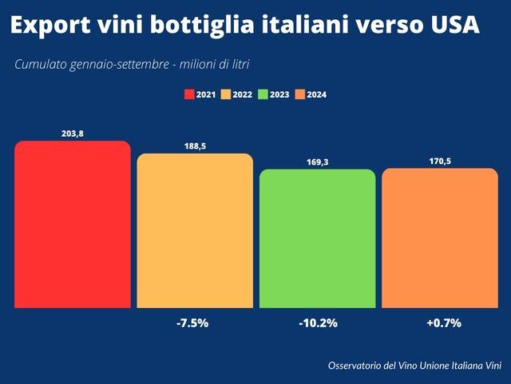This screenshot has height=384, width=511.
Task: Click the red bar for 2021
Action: click(72, 224)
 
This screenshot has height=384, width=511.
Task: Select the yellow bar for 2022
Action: click(195, 230)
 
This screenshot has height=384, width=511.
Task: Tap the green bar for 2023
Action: click(317, 238)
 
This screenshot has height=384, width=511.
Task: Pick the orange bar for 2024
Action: click(440, 238)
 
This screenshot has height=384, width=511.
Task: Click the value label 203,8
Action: click(73, 134)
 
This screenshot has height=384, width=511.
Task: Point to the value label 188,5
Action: click(195, 146)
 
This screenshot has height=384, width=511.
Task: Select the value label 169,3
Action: click(317, 162)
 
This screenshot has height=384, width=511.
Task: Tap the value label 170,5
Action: click(440, 161)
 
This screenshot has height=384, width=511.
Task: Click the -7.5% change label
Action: click(192, 323)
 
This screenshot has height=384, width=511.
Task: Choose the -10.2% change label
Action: click(317, 323)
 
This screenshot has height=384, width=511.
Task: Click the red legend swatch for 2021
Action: click(189, 94)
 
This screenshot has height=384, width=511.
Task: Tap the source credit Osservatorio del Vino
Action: click(414, 366)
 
